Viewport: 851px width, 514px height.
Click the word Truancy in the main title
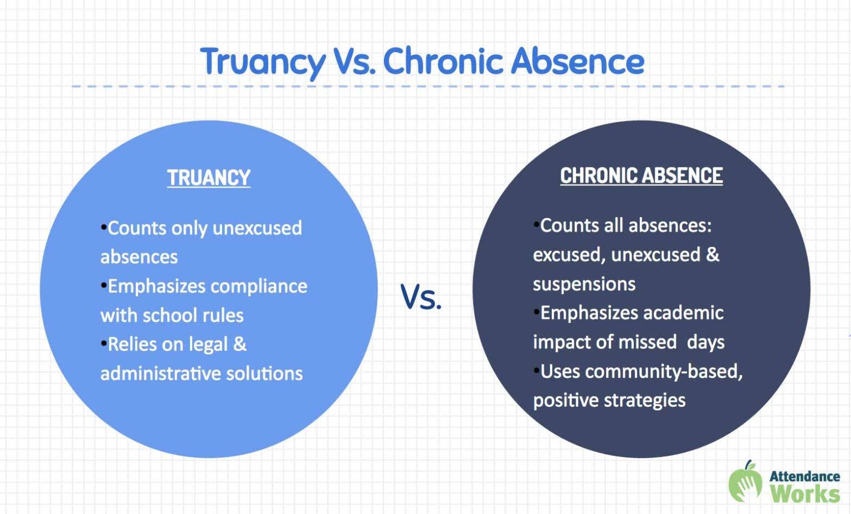click(263, 61)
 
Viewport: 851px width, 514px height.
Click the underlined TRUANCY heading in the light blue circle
click(209, 178)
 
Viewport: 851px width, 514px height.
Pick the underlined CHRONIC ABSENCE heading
click(641, 176)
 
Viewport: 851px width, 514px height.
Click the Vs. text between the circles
click(421, 297)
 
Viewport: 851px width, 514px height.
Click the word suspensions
click(584, 284)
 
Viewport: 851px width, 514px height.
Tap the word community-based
click(663, 371)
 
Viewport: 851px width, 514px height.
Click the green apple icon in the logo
click(745, 483)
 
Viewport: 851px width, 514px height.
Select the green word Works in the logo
click(804, 494)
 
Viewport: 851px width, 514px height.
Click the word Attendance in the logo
click(804, 476)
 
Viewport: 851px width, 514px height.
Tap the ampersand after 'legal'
click(239, 345)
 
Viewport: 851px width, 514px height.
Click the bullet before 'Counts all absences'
click(536, 224)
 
